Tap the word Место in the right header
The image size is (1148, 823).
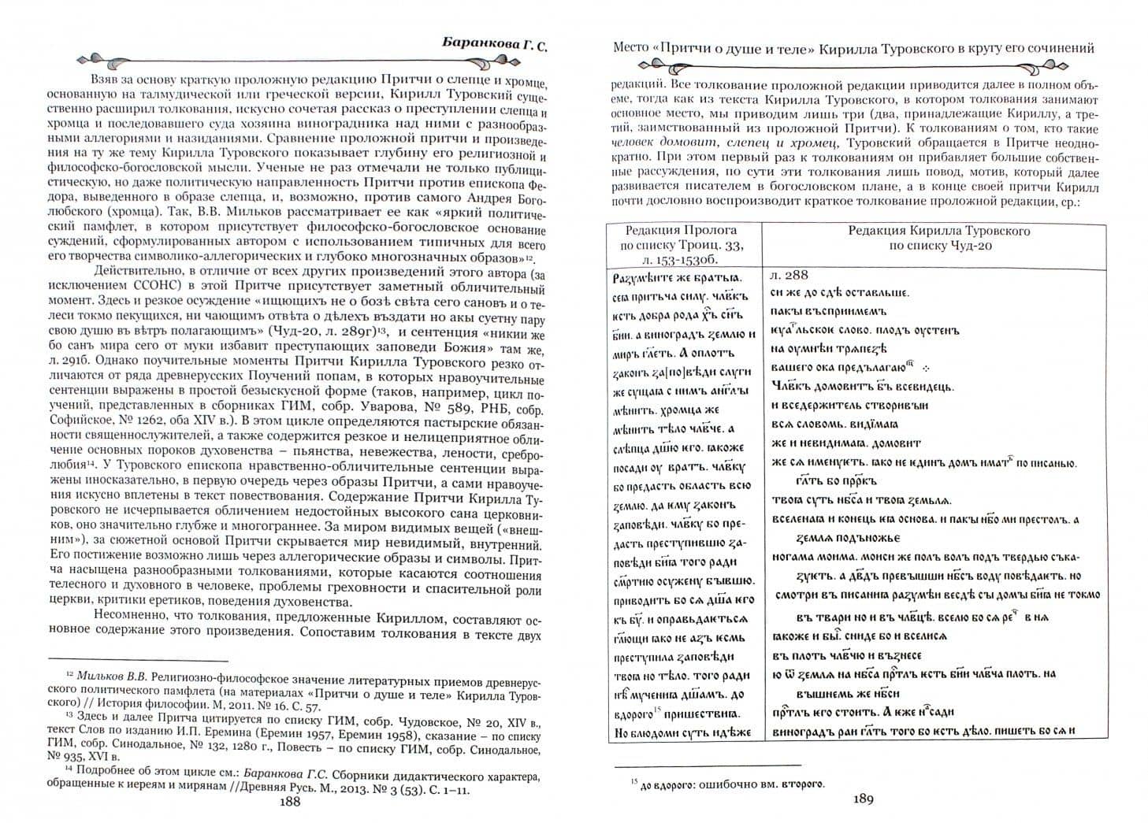point(630,49)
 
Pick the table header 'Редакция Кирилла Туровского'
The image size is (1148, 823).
point(938,231)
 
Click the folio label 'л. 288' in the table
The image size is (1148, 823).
point(790,276)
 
